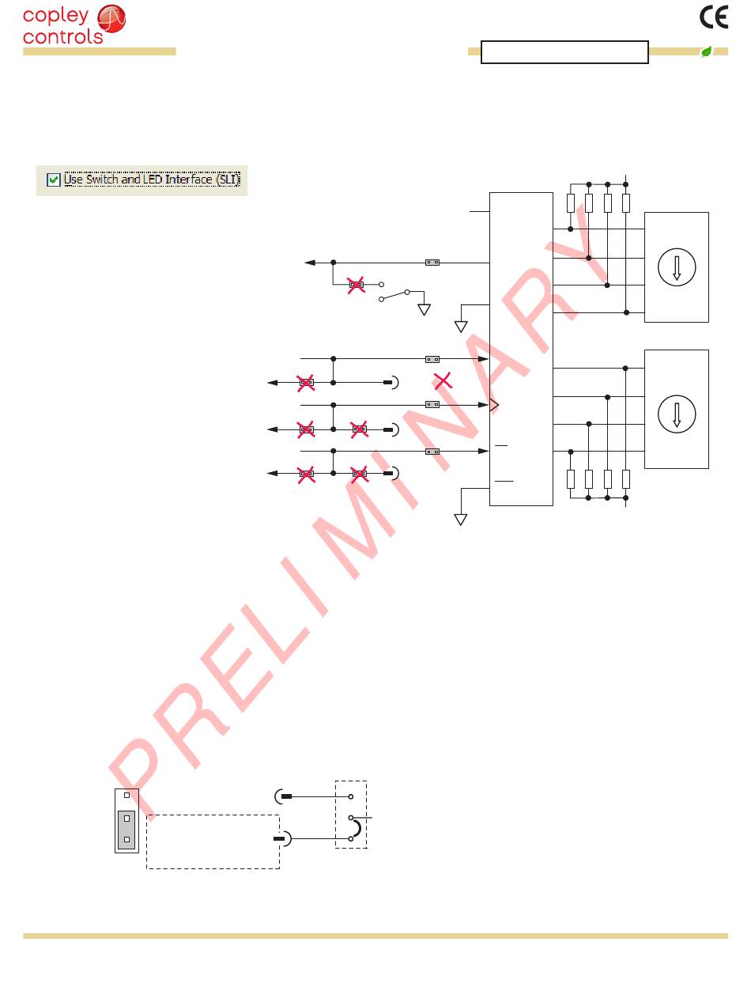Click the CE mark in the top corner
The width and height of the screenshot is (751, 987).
(714, 17)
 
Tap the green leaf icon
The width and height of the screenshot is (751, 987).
(706, 52)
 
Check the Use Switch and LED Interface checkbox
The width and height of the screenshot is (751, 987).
(54, 180)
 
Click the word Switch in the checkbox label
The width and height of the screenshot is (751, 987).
(100, 180)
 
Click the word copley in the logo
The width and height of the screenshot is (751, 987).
(55, 17)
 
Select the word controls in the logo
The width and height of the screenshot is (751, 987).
(63, 36)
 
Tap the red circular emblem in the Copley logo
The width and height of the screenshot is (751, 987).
(111, 18)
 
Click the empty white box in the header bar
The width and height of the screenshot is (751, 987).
(564, 52)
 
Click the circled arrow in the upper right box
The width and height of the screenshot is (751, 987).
(676, 267)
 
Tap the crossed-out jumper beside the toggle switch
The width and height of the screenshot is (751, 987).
(357, 285)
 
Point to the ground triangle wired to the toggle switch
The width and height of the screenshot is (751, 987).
(425, 309)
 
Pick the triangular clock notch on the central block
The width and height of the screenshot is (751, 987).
(495, 405)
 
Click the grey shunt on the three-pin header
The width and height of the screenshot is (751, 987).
(126, 828)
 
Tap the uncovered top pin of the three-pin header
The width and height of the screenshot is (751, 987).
(126, 795)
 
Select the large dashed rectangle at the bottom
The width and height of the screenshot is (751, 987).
(213, 841)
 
